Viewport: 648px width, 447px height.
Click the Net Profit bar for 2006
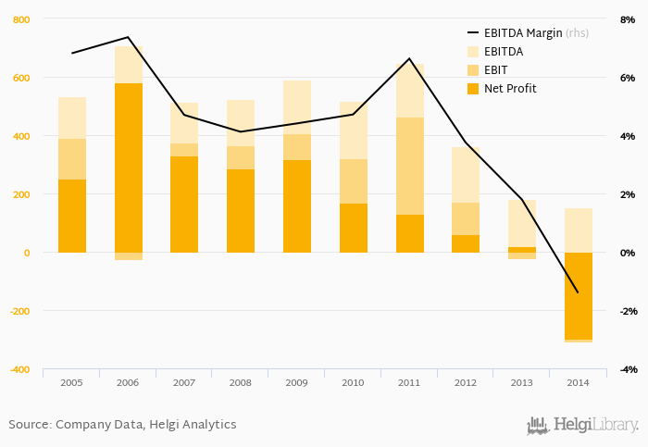(128, 168)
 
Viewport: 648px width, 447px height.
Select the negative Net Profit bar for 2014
(578, 296)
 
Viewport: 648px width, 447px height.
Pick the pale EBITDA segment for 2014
(578, 230)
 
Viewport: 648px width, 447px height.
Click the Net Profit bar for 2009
(296, 206)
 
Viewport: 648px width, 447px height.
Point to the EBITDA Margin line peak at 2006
(128, 38)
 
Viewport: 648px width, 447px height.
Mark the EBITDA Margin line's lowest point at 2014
(578, 292)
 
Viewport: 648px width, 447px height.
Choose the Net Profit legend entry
(509, 89)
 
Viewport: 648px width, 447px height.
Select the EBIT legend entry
(496, 70)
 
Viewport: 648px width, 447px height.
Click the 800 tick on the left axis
(20, 19)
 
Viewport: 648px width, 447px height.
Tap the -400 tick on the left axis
(19, 369)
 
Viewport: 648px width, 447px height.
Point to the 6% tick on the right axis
(628, 78)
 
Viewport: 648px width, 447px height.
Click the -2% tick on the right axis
(627, 311)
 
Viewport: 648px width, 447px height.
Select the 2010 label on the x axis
(353, 382)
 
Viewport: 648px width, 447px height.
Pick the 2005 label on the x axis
(71, 382)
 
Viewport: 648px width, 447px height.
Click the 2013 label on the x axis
(521, 382)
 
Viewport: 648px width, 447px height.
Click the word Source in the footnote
(29, 425)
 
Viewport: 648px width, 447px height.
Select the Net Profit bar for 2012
(466, 243)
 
